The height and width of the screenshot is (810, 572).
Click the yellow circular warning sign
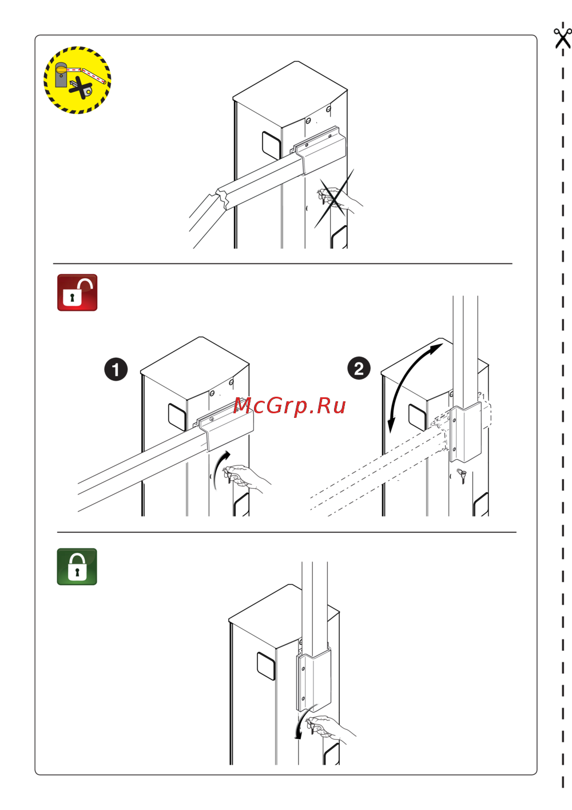pos(77,80)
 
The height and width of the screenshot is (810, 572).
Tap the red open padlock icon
pos(77,293)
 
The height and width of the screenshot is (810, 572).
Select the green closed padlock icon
pos(77,567)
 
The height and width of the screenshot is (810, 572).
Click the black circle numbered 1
pos(116,369)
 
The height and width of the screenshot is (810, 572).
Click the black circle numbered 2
pos(359,368)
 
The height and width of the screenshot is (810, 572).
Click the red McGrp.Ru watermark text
pos(289,406)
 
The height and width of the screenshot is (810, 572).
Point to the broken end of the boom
pos(223,198)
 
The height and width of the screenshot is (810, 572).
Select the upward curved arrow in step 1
pos(219,469)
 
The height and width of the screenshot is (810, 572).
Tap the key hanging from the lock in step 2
pos(462,476)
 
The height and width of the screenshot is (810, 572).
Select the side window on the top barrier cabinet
pos(271,145)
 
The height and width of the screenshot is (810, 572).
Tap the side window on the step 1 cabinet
pos(177,417)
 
